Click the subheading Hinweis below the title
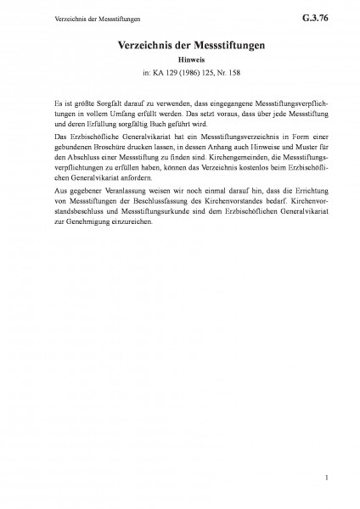click(179, 60)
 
